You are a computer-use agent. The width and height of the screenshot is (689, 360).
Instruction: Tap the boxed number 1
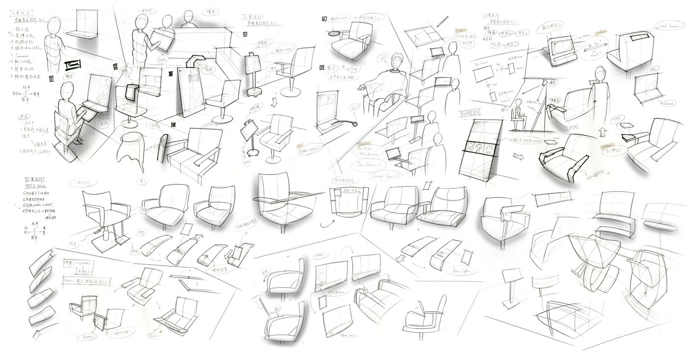point(51,78)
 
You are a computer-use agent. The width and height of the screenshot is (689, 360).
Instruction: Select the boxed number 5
point(245,35)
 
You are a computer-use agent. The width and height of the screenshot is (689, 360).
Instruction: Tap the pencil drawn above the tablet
point(442,21)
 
